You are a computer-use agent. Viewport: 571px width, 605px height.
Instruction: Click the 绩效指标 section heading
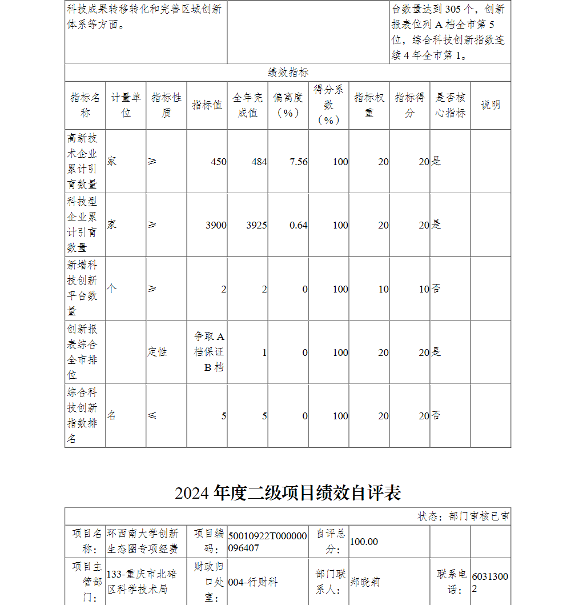(288, 73)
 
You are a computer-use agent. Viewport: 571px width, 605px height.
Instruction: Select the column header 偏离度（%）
(288, 105)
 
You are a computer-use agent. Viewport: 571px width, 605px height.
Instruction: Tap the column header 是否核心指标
(451, 105)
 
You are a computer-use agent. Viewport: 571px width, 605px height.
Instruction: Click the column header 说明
(490, 105)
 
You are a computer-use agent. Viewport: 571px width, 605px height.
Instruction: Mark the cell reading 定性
(158, 352)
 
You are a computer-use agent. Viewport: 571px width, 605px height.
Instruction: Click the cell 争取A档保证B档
(208, 352)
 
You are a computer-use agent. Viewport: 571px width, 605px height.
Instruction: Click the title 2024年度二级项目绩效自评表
(288, 492)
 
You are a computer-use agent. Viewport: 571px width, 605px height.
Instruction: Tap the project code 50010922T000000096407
(267, 542)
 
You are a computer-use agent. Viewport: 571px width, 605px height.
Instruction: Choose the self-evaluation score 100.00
(364, 542)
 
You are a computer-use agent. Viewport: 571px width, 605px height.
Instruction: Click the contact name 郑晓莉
(365, 582)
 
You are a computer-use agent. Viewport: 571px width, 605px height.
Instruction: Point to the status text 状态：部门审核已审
(464, 516)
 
